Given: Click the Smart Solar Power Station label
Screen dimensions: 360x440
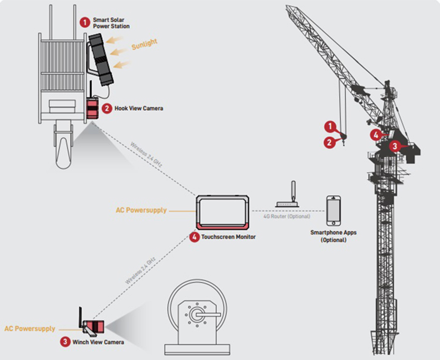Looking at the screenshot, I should click(x=111, y=23).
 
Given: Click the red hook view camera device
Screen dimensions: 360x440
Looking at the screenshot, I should click(x=92, y=109).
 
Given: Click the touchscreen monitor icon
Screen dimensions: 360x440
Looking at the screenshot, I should click(x=223, y=212).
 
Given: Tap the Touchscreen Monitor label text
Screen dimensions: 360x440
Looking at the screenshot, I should click(x=228, y=237).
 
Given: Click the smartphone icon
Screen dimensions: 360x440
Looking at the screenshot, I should click(x=333, y=211).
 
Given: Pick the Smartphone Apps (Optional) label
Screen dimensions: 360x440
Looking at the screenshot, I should click(x=333, y=236).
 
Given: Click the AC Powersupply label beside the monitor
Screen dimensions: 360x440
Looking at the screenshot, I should click(x=141, y=211).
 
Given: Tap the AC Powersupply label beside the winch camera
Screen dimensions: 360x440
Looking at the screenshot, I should click(x=29, y=329).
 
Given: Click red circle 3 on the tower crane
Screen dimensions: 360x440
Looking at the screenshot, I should click(x=395, y=145).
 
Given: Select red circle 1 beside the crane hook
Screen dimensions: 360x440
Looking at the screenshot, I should click(x=330, y=127).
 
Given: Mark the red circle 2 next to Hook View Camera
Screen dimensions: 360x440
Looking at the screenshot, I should click(x=106, y=108).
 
